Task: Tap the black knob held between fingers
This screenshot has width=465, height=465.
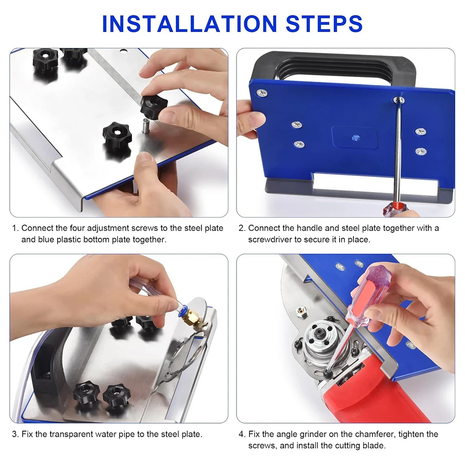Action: (x=154, y=106)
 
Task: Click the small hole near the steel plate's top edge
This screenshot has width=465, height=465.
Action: (x=123, y=52)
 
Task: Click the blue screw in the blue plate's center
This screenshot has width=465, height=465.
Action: (x=356, y=138)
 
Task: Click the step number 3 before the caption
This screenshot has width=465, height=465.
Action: (x=15, y=434)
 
